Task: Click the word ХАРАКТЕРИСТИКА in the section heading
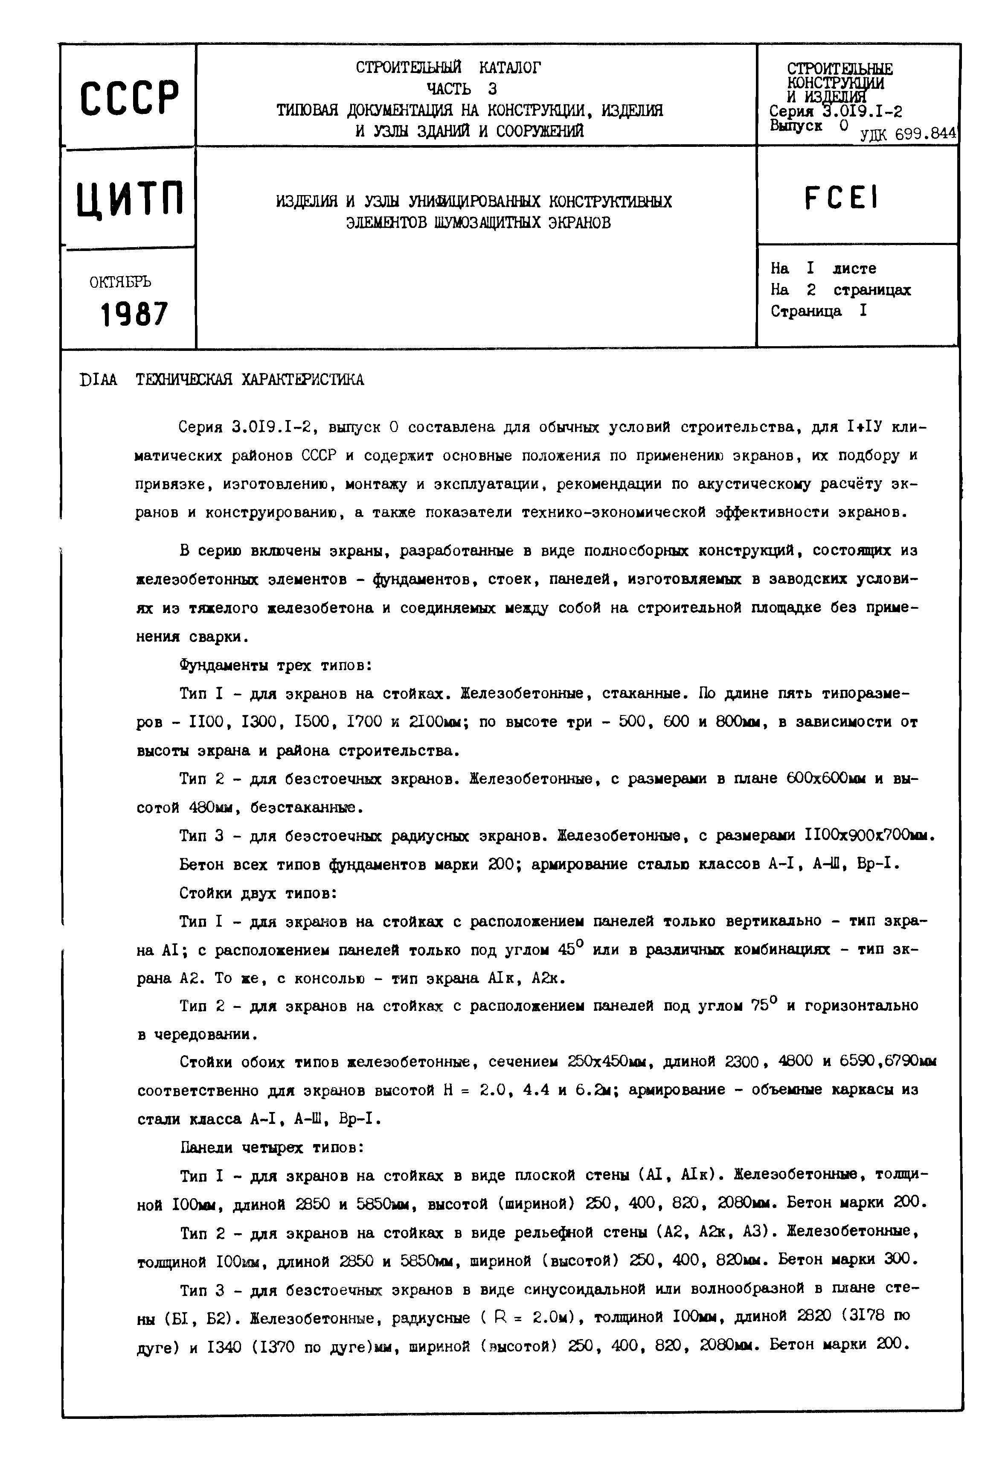coord(303,380)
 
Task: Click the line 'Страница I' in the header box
coord(819,311)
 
